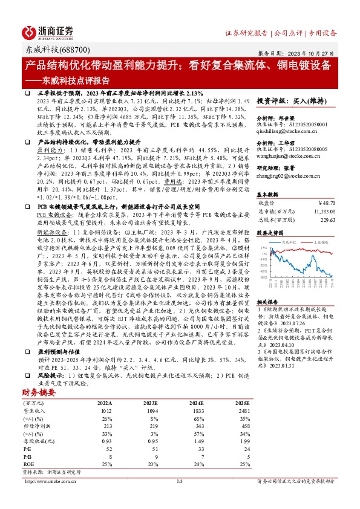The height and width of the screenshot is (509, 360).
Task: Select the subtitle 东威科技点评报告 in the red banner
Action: tap(73, 79)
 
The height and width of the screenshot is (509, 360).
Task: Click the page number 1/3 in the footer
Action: tap(179, 481)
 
